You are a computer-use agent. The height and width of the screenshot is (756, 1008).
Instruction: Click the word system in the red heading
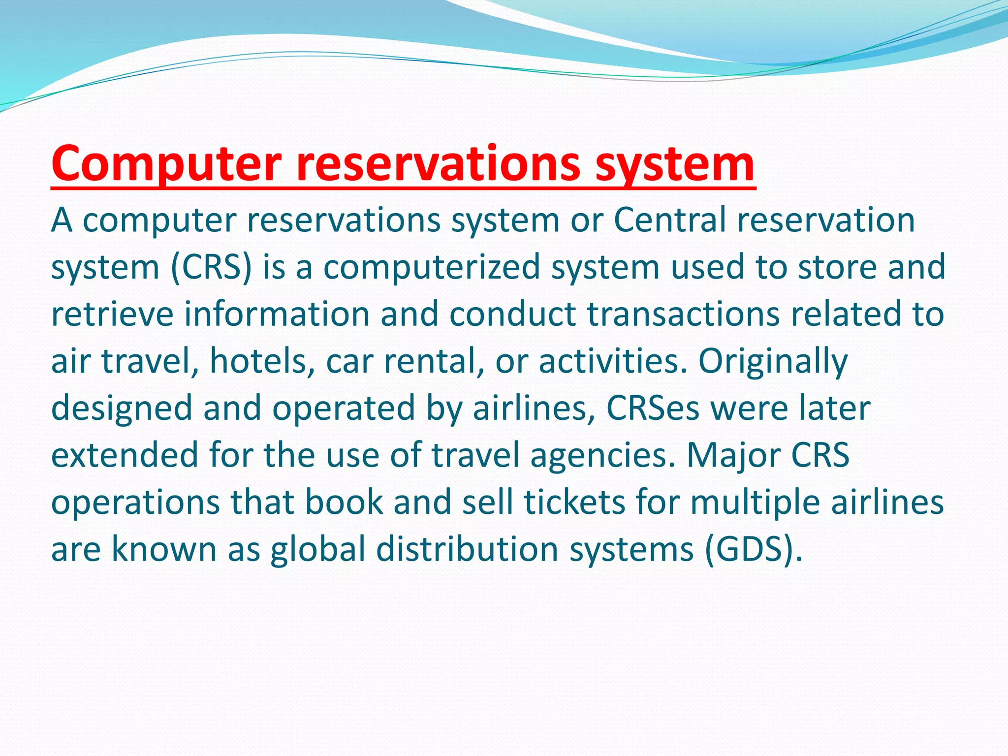[x=675, y=164]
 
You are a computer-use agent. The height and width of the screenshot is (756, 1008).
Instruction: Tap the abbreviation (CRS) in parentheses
[x=211, y=267]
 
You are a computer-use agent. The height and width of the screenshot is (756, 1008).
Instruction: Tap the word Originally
[x=773, y=361]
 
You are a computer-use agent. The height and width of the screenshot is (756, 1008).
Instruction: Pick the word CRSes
[x=653, y=408]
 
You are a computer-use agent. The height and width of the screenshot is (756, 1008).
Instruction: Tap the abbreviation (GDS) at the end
[x=753, y=549]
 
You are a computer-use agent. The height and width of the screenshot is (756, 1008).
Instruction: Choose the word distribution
[x=467, y=549]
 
